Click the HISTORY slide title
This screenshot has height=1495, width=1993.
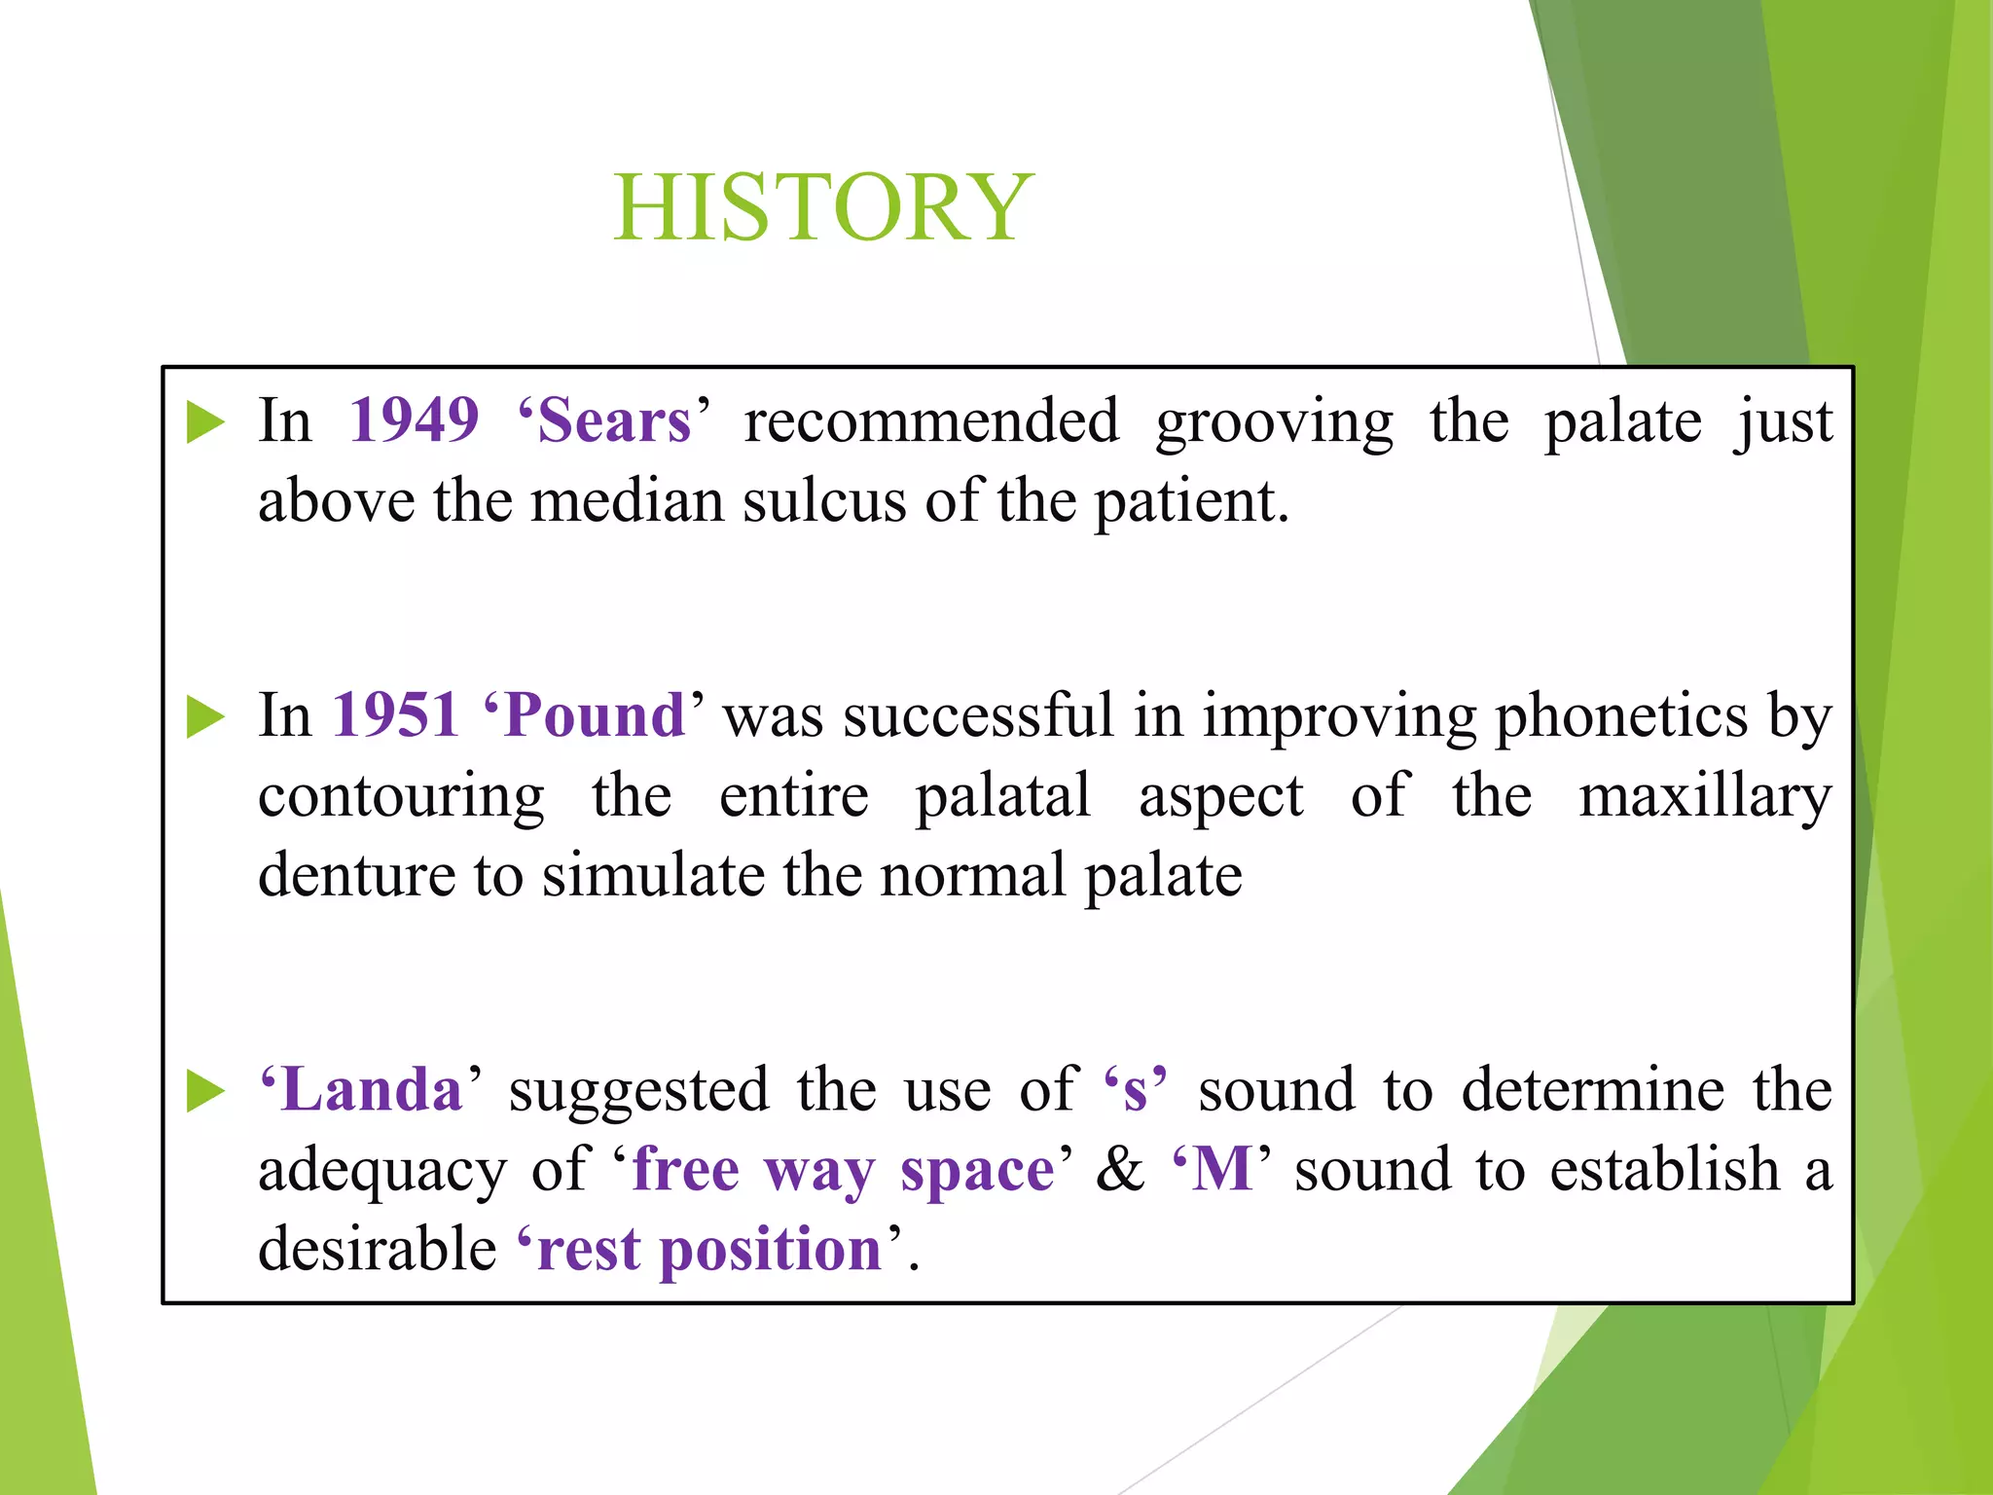tap(823, 206)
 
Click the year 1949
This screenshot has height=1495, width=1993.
tap(414, 420)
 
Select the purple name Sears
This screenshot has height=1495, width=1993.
tap(614, 420)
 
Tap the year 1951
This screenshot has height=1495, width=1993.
tap(396, 714)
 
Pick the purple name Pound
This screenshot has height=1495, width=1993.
tap(595, 714)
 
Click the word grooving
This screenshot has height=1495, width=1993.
tap(1274, 422)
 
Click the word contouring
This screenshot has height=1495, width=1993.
tap(401, 796)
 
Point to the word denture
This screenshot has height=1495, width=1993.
tap(356, 874)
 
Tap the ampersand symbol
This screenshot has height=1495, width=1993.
tap(1120, 1169)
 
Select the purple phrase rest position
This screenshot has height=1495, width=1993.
tap(708, 1249)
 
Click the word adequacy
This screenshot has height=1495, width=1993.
tap(381, 1170)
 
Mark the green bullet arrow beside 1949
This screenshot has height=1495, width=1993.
tap(205, 422)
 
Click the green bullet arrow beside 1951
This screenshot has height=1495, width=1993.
tap(205, 717)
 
